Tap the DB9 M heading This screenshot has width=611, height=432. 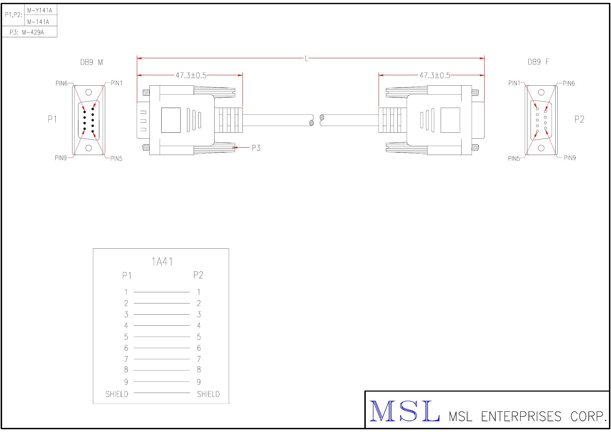92,62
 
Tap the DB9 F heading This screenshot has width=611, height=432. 538,62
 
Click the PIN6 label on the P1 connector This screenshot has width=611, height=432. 61,83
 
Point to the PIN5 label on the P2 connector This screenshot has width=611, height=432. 514,159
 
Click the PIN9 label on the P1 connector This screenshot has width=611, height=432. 61,158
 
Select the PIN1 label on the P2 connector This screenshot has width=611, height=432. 514,83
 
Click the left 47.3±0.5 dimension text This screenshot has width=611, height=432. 191,75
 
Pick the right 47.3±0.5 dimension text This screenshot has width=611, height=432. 435,75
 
